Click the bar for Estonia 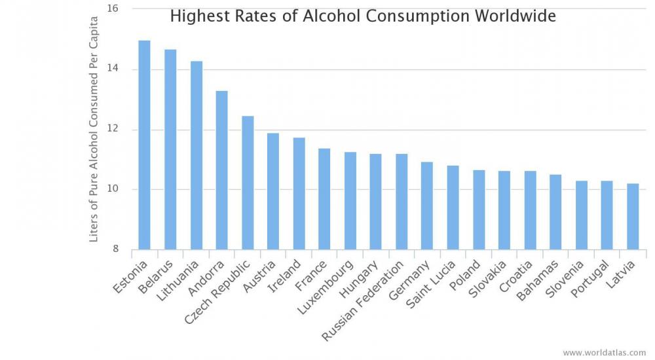(144, 145)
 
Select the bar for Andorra (221, 170)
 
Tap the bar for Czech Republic (248, 183)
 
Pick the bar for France (324, 199)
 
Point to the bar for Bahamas (555, 212)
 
